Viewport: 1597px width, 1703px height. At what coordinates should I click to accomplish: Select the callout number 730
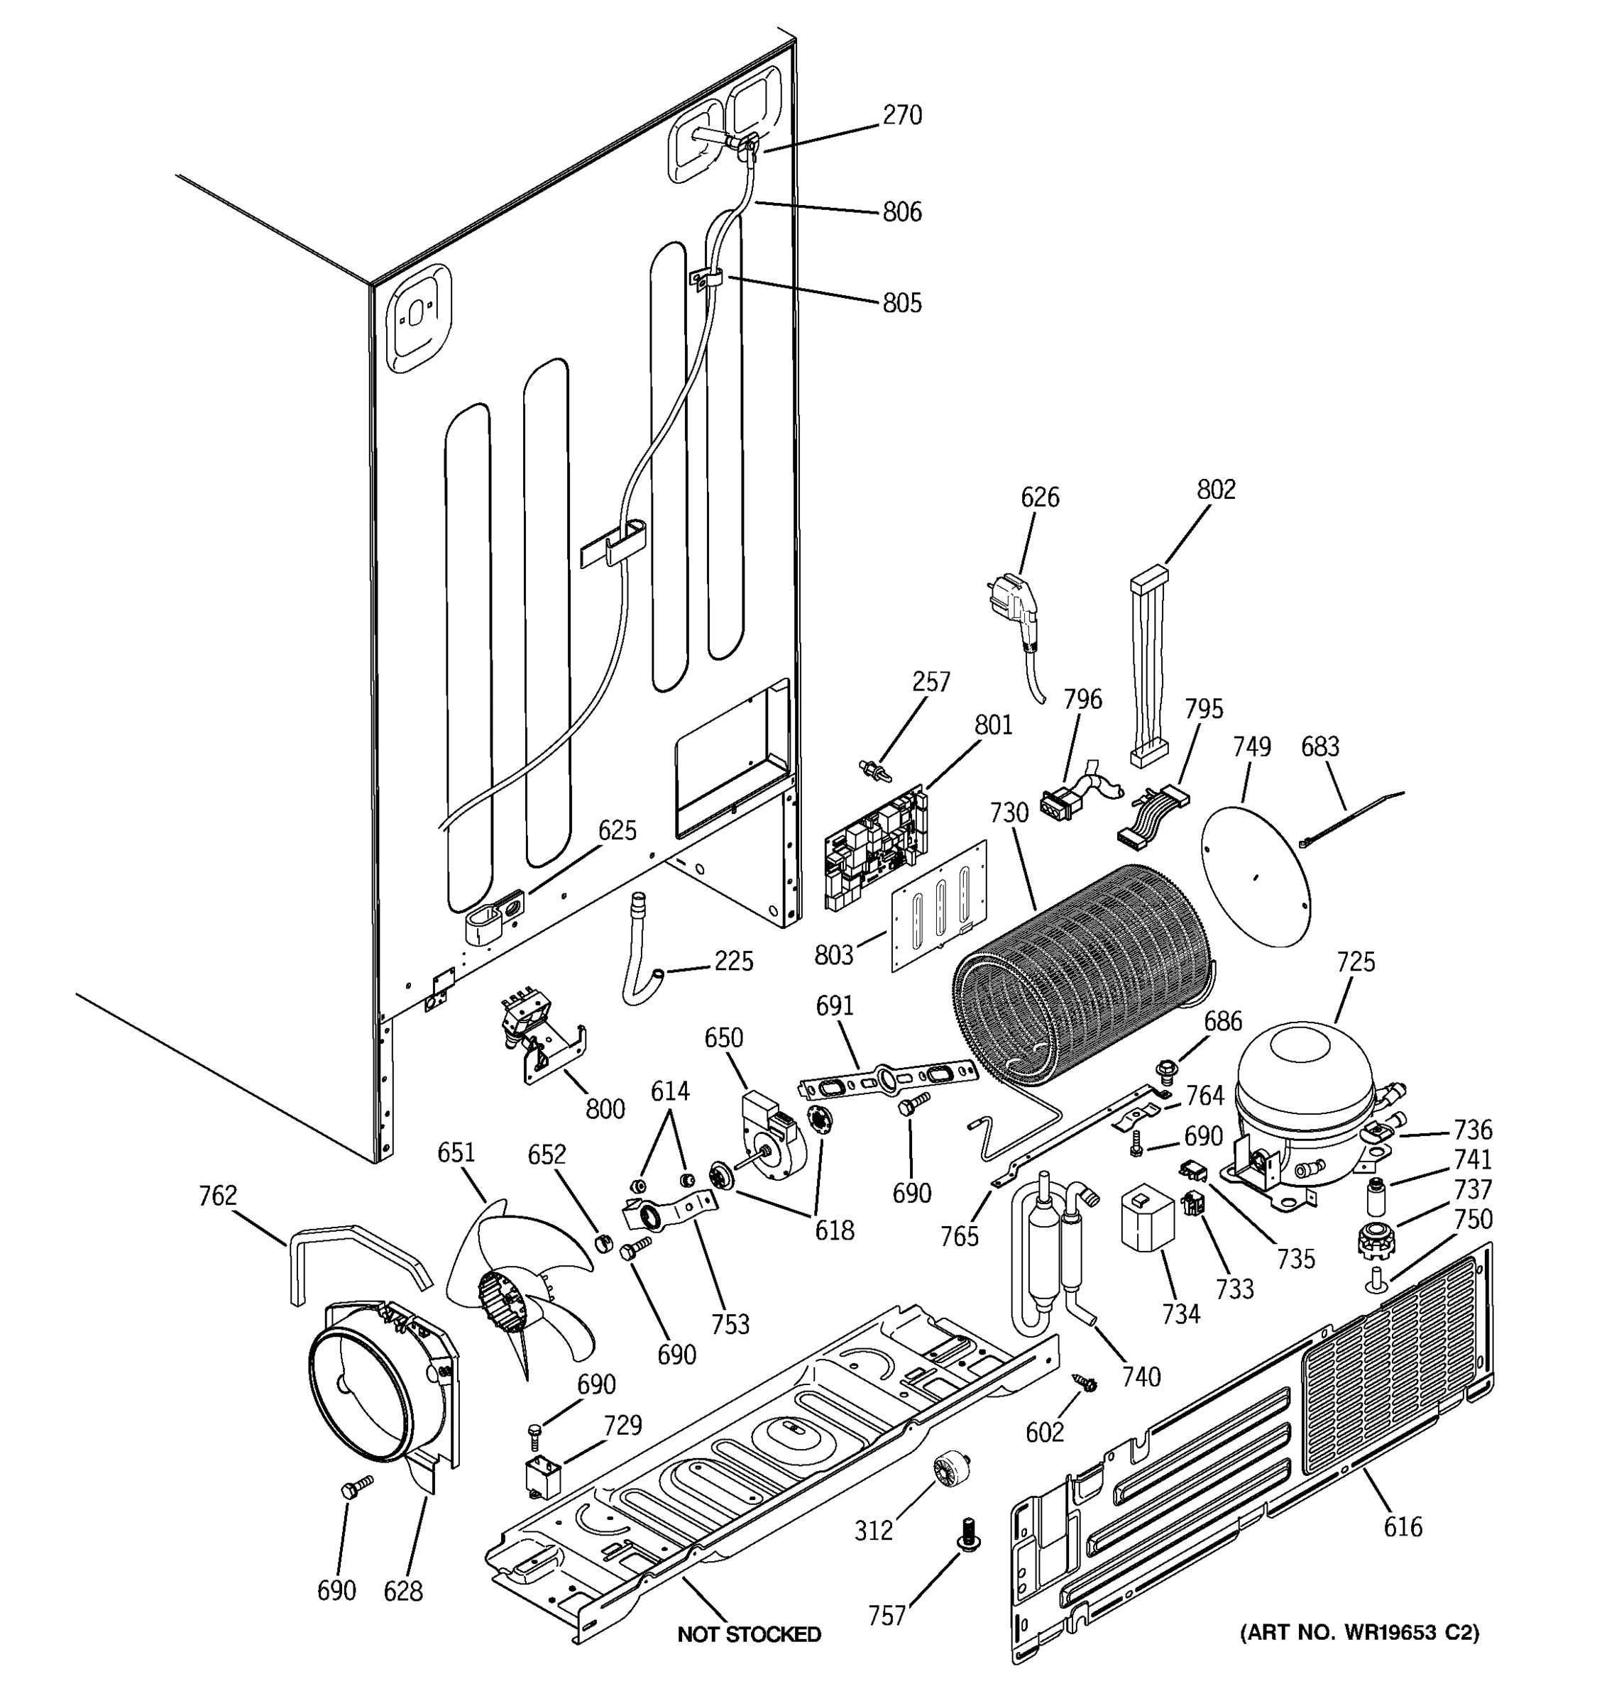tap(1009, 812)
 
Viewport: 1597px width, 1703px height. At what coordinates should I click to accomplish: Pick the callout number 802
tap(1216, 490)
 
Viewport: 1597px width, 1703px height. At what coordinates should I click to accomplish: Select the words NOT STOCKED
tap(749, 1634)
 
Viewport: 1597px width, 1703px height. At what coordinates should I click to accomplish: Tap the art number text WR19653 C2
tap(1360, 1633)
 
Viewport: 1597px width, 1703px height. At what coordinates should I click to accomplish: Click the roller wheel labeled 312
tap(949, 1470)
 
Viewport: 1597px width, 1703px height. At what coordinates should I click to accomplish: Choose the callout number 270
tap(902, 116)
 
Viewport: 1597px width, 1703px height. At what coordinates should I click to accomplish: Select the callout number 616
tap(1403, 1526)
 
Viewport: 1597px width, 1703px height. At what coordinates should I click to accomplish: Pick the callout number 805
tap(902, 303)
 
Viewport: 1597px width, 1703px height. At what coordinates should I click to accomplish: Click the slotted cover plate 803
tap(939, 906)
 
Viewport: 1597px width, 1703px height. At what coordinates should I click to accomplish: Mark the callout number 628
tap(402, 1592)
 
